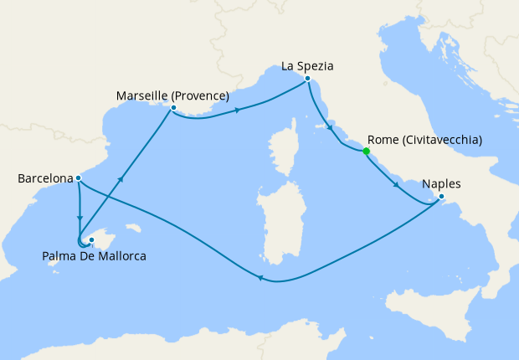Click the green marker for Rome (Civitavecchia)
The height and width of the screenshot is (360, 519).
pyautogui.click(x=366, y=152)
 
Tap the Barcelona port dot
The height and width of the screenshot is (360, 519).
pyautogui.click(x=78, y=177)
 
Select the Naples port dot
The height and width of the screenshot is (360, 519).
pyautogui.click(x=441, y=198)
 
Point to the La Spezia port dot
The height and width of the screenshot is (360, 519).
pyautogui.click(x=308, y=79)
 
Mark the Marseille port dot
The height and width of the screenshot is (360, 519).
pyautogui.click(x=172, y=108)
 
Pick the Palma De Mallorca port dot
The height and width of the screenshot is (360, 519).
pyautogui.click(x=91, y=239)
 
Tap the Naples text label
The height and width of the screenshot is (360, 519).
pyautogui.click(x=441, y=184)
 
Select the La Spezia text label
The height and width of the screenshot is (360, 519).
pyautogui.click(x=311, y=65)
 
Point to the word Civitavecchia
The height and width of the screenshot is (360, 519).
pyautogui.click(x=441, y=140)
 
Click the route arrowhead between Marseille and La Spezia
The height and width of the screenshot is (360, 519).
pyautogui.click(x=239, y=110)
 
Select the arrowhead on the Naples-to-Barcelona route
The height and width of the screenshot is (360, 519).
pyautogui.click(x=261, y=280)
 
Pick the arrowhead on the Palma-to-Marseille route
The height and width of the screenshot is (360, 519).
pyautogui.click(x=122, y=179)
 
